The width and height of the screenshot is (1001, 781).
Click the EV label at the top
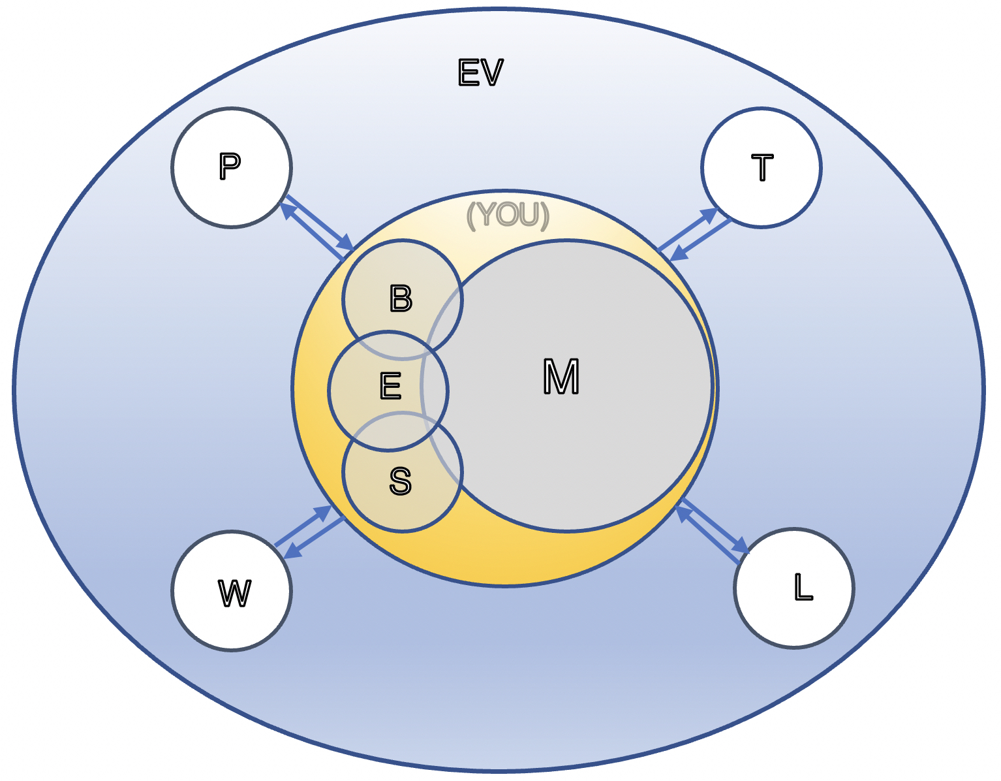click(480, 72)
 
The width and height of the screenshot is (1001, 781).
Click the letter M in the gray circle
click(561, 377)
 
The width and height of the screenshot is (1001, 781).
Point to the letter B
click(401, 298)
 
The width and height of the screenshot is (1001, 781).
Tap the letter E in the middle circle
click(390, 387)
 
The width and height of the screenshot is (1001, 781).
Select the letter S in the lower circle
click(400, 481)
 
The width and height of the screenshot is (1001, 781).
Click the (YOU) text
click(508, 215)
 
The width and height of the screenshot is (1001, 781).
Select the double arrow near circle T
click(695, 235)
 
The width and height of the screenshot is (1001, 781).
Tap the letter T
click(762, 167)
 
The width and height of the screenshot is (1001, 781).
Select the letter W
click(234, 593)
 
